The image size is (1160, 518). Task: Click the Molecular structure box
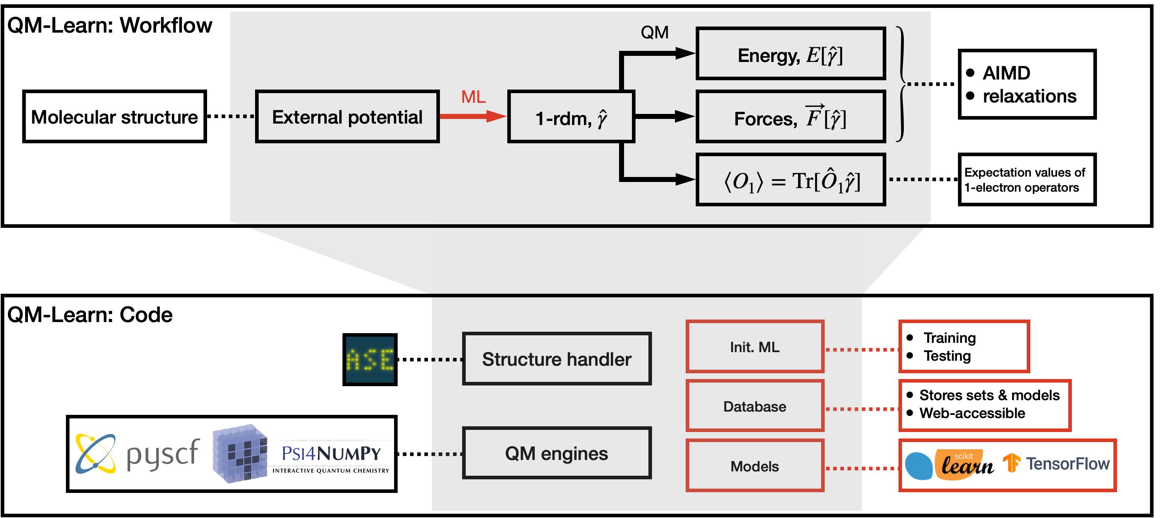pyautogui.click(x=114, y=117)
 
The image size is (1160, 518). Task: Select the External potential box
pyautogui.click(x=347, y=117)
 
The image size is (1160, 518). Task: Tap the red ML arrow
pyautogui.click(x=473, y=116)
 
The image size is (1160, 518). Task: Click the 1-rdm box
pyautogui.click(x=571, y=117)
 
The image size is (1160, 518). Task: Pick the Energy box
pyautogui.click(x=790, y=54)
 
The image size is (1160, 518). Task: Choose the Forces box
pyautogui.click(x=790, y=117)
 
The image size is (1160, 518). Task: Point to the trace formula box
pyautogui.click(x=790, y=180)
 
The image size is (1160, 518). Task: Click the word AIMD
pyautogui.click(x=1006, y=73)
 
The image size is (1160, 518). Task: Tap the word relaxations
pyautogui.click(x=1029, y=96)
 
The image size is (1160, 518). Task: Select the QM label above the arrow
pyautogui.click(x=655, y=33)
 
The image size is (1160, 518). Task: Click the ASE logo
pyautogui.click(x=370, y=359)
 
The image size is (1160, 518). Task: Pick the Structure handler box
pyautogui.click(x=557, y=359)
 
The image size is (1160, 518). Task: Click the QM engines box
pyautogui.click(x=557, y=453)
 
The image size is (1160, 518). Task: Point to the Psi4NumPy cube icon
pyautogui.click(x=240, y=454)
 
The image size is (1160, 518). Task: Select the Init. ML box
pyautogui.click(x=755, y=347)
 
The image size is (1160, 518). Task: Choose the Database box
pyautogui.click(x=755, y=406)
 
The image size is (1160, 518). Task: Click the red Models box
pyautogui.click(x=755, y=466)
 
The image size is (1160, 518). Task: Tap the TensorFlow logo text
pyautogui.click(x=1067, y=464)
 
